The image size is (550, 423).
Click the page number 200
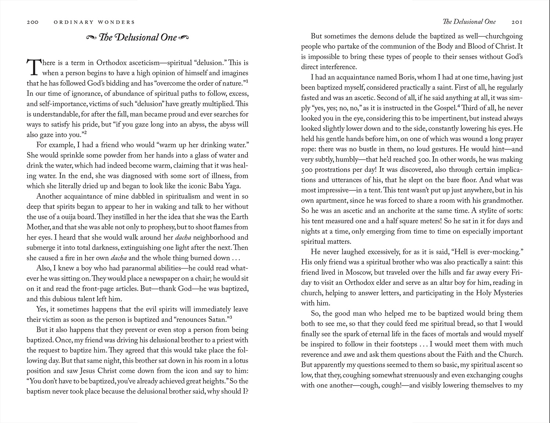click(x=33, y=22)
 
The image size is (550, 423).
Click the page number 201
click(x=517, y=22)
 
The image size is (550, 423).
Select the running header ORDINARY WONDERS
click(x=94, y=22)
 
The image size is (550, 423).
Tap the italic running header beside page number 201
click(x=469, y=22)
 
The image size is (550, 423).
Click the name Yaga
click(x=232, y=186)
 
